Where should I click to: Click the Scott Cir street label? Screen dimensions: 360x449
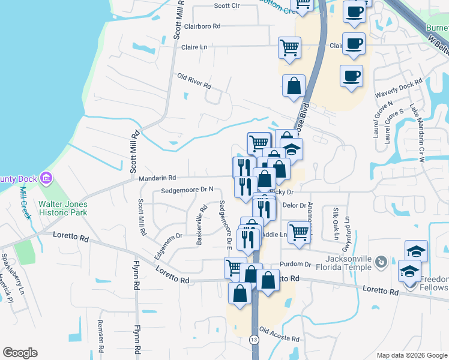(227, 5)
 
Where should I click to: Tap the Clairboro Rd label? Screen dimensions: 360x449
(202, 26)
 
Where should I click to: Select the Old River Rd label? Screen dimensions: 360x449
(194, 82)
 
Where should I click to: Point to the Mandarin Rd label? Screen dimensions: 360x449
(157, 178)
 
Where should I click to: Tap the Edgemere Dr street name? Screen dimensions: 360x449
(167, 246)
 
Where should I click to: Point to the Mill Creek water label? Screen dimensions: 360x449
(25, 203)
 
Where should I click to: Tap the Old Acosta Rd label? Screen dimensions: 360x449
(280, 334)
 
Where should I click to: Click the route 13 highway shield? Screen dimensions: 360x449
(255, 340)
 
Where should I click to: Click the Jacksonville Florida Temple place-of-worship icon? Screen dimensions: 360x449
(381, 262)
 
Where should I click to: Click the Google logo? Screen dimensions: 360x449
(20, 353)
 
